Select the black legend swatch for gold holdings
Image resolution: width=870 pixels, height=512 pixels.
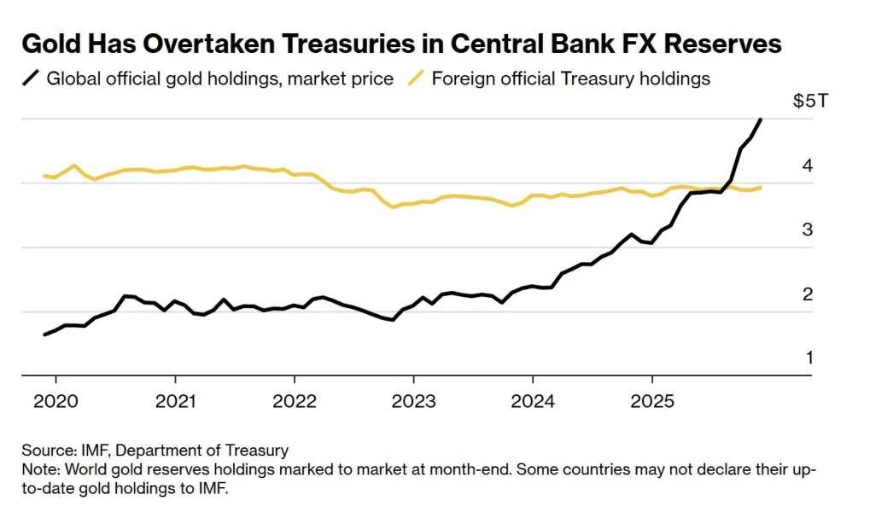point(32,79)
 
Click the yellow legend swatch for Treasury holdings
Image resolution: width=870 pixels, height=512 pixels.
point(416,79)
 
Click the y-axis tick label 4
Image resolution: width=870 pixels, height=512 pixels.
point(808,166)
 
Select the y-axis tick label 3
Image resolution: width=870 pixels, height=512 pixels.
point(808,230)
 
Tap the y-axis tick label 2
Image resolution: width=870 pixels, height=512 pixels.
point(808,294)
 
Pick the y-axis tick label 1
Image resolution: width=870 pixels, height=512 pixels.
point(808,358)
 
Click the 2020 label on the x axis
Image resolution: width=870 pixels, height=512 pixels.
point(55,400)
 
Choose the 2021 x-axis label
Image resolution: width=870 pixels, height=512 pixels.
point(175,400)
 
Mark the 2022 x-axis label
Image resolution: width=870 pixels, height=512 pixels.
point(294,400)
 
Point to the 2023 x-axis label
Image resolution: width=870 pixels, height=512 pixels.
point(413,400)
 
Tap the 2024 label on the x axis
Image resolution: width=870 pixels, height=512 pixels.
point(533,400)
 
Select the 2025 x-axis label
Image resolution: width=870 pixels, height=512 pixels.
point(651,400)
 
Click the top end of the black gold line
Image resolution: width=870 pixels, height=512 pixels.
point(761,119)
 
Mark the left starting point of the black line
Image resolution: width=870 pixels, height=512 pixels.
point(44,335)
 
